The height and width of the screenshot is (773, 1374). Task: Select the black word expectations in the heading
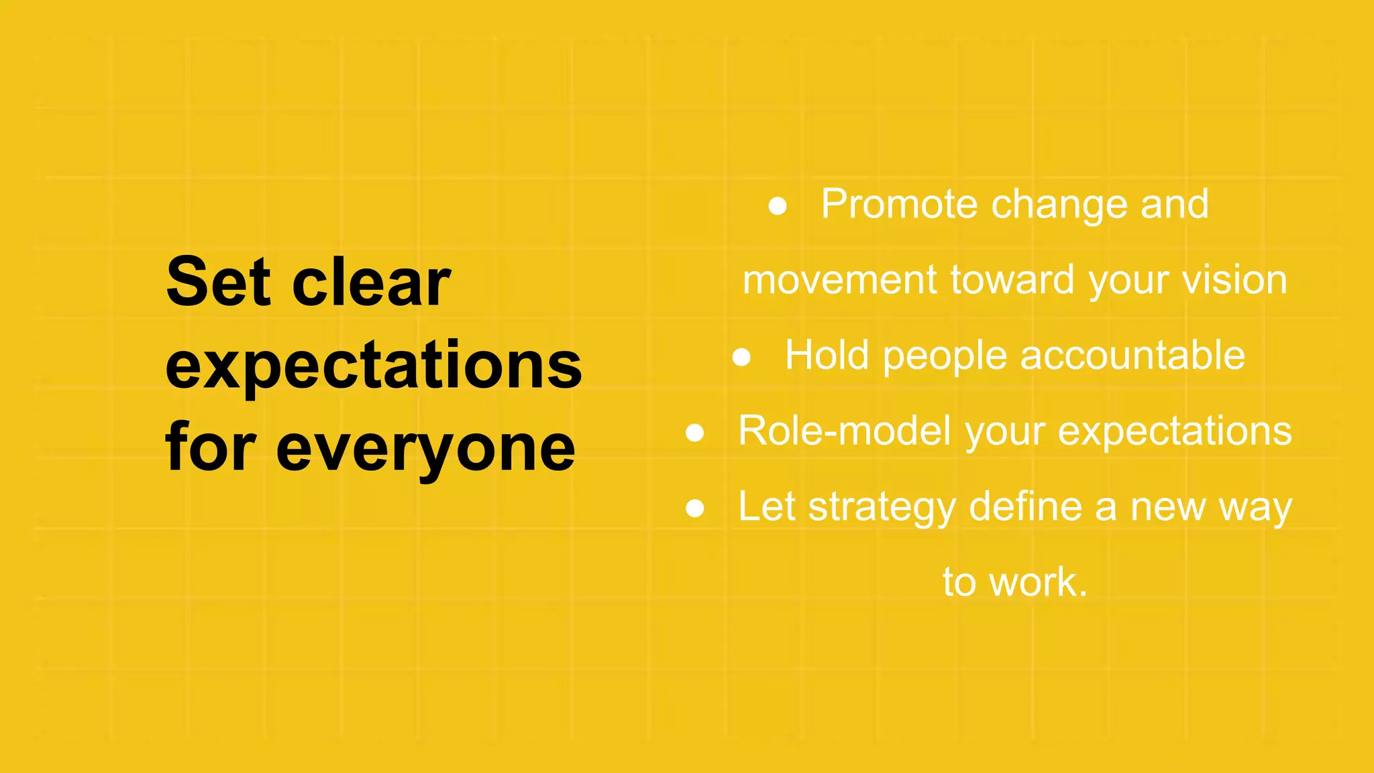[x=374, y=366]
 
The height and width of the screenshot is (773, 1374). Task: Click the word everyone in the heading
[x=425, y=448]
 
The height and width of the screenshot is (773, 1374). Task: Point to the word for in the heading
[x=211, y=447]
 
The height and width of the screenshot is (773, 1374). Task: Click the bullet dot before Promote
[x=778, y=206]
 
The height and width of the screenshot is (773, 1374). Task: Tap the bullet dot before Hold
[x=741, y=357]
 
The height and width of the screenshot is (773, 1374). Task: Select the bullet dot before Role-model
[x=695, y=433]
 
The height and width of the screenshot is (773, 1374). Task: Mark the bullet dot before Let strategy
[x=695, y=509]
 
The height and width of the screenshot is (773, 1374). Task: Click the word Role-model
[x=845, y=431]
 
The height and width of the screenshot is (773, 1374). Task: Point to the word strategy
[x=882, y=508]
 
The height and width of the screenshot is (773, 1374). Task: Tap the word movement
[x=839, y=280]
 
